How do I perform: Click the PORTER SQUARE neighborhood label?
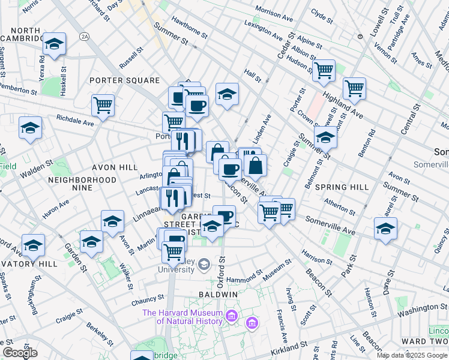click(x=124, y=80)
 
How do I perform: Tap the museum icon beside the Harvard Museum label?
click(x=252, y=324)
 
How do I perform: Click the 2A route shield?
click(x=84, y=37)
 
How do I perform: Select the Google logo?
click(x=20, y=353)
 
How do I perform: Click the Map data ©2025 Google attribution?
click(x=411, y=355)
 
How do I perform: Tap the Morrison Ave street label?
click(x=273, y=10)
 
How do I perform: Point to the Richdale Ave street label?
click(x=76, y=120)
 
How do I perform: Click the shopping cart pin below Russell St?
click(x=103, y=106)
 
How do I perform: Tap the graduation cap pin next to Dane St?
click(x=385, y=229)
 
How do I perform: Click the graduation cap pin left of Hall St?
click(x=227, y=94)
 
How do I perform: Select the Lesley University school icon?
click(x=204, y=264)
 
